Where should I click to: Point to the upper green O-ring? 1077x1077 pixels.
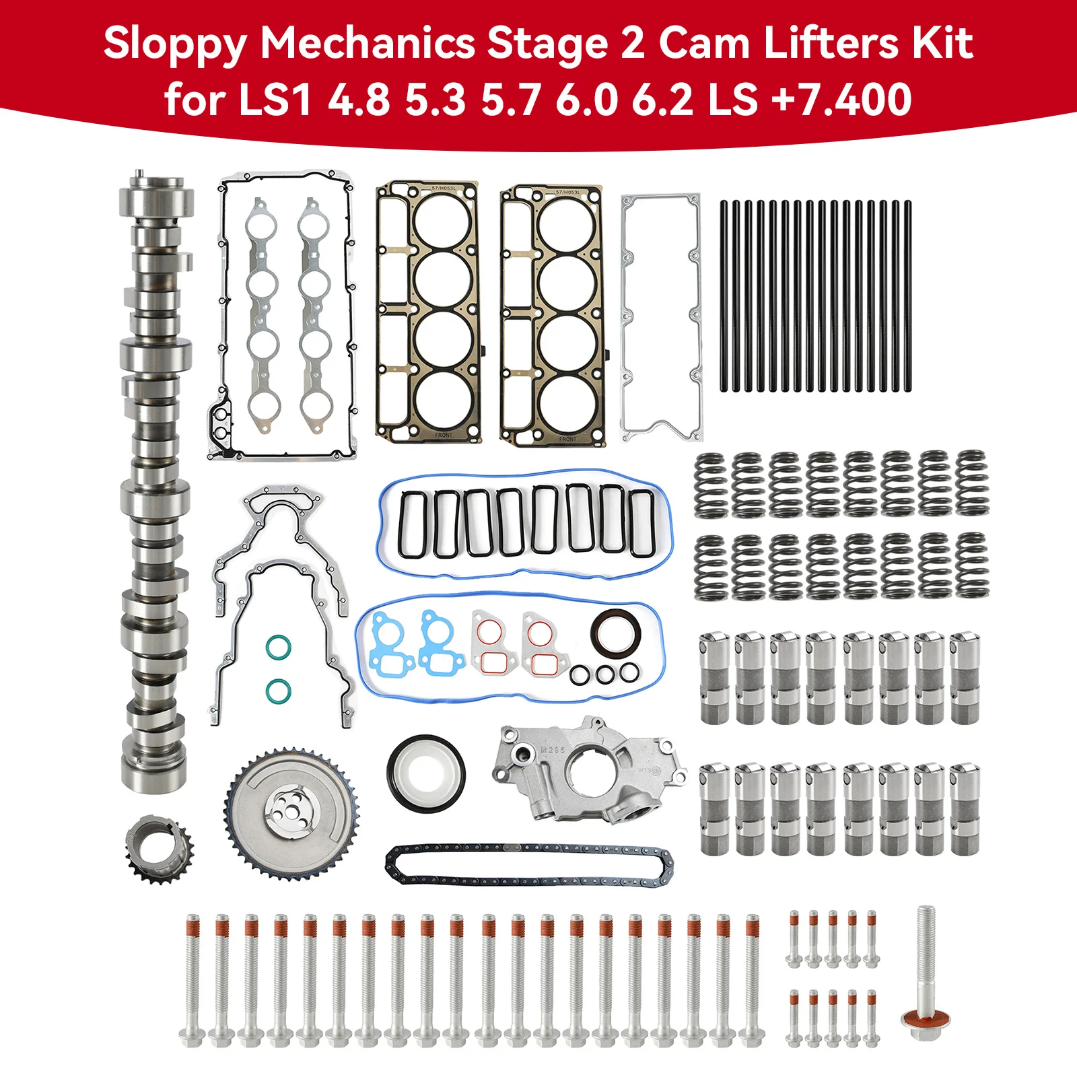click(x=278, y=647)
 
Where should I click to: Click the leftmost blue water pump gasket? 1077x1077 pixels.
click(x=387, y=644)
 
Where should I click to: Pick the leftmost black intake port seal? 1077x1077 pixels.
click(x=412, y=524)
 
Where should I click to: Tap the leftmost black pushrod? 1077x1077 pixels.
click(x=724, y=296)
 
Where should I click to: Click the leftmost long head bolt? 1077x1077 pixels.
click(x=191, y=979)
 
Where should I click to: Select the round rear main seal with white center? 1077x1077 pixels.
click(x=425, y=771)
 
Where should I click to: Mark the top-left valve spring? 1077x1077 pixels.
click(x=710, y=485)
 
